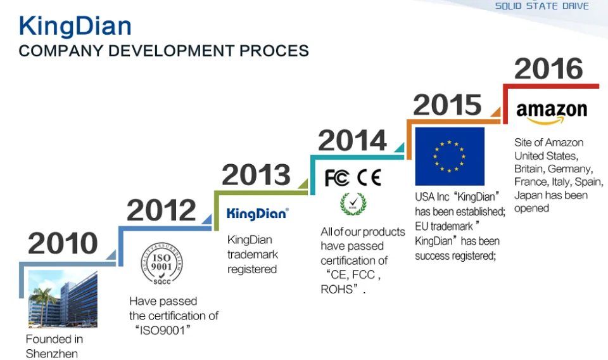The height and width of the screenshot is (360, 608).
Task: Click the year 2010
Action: [63, 243]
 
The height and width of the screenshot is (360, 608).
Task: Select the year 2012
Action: [161, 210]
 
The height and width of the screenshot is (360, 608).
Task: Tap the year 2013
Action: [256, 174]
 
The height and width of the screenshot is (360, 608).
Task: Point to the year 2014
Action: [353, 140]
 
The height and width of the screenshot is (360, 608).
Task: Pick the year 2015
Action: [448, 105]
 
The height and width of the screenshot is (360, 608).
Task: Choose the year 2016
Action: [548, 68]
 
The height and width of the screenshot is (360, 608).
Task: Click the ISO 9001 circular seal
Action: [161, 264]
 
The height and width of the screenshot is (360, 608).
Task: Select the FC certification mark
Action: [337, 177]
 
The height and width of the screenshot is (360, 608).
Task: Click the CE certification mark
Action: [369, 177]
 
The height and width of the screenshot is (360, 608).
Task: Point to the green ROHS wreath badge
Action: [353, 203]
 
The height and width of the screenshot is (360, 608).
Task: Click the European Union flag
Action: [450, 157]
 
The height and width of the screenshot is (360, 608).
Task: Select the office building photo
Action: [63, 299]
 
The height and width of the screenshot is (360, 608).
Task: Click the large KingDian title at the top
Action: [75, 26]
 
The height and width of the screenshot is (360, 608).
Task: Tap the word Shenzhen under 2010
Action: [52, 354]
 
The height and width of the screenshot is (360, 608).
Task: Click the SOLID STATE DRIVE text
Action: [542, 6]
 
